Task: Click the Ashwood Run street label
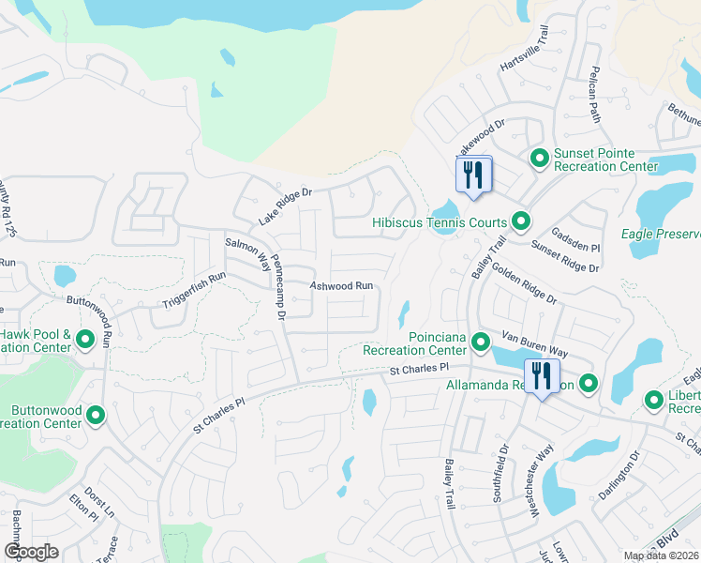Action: click(x=342, y=285)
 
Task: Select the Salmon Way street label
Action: click(x=247, y=254)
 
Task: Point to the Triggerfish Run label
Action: click(x=195, y=291)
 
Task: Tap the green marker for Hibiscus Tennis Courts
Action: click(x=521, y=222)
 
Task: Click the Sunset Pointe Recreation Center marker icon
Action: click(x=539, y=159)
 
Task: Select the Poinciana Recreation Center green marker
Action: click(x=481, y=342)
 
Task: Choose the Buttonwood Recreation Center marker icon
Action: click(x=96, y=416)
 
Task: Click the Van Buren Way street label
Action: click(x=535, y=344)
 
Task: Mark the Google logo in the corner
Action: click(x=31, y=552)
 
